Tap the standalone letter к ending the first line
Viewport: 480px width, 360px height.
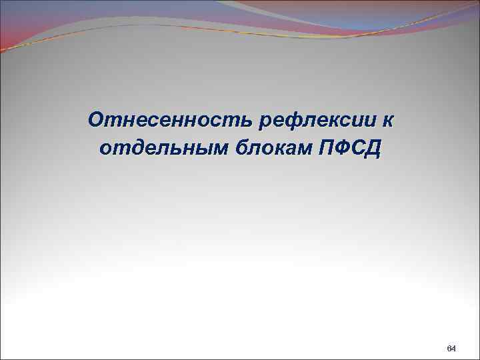(387, 121)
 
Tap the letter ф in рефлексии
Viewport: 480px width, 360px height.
(297, 121)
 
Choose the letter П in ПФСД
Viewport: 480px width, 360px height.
(327, 147)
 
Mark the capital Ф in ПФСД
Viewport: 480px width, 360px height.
(344, 147)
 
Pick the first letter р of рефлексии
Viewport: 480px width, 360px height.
(269, 122)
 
